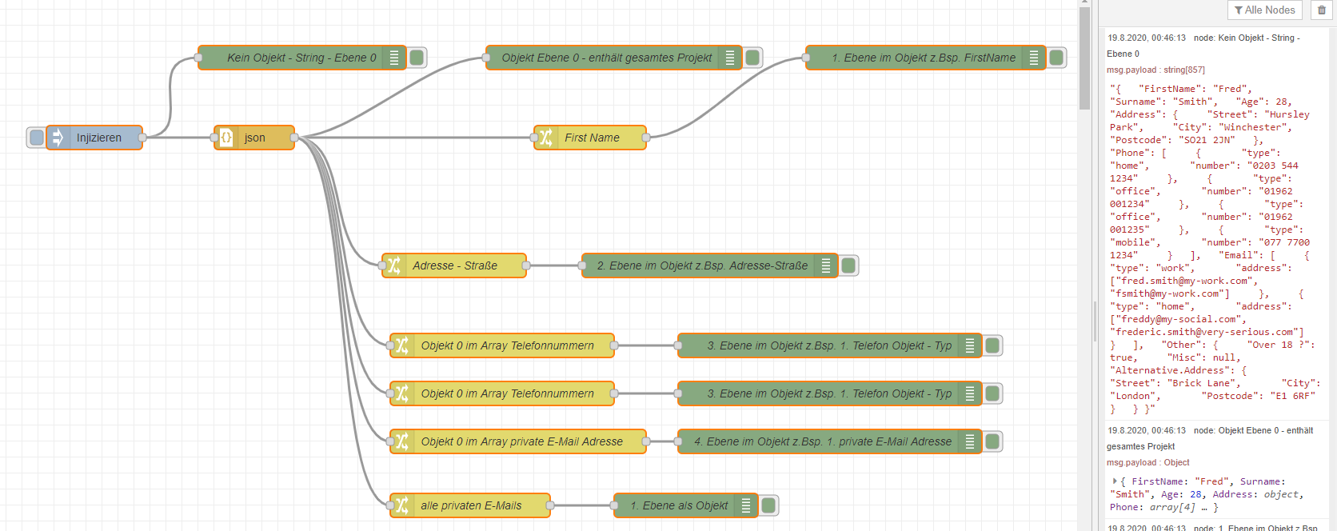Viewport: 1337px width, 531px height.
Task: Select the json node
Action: tap(254, 138)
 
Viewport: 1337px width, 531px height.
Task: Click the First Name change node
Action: tap(592, 138)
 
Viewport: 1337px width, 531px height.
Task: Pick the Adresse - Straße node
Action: tap(454, 265)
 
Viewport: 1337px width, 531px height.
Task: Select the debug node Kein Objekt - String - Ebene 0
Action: tap(301, 58)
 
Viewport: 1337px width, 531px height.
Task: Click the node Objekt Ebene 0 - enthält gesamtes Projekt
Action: tap(606, 58)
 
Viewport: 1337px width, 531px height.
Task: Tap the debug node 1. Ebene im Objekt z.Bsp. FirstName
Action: tap(923, 58)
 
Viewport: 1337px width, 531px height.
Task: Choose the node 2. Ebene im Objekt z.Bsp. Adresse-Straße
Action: tap(701, 265)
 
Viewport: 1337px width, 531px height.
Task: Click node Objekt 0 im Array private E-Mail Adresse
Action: tap(521, 441)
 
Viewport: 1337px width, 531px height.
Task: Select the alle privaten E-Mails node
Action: tap(471, 505)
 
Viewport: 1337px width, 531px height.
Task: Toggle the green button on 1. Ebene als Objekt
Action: tap(768, 505)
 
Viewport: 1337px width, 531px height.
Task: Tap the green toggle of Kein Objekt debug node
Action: tap(417, 58)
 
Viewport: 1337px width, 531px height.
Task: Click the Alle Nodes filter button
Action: tap(1264, 10)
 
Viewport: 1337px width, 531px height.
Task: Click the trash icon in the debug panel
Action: tap(1322, 10)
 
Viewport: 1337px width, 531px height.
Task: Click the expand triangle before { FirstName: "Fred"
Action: tap(1114, 481)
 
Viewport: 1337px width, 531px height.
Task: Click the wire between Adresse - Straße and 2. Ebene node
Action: tap(555, 265)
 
